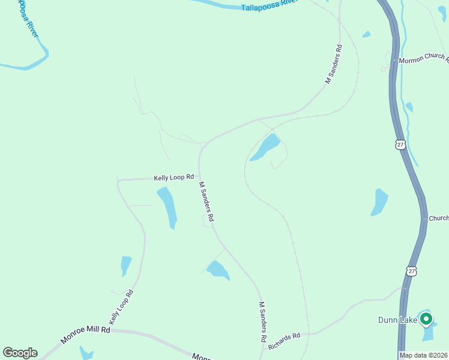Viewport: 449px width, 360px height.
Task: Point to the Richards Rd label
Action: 284,341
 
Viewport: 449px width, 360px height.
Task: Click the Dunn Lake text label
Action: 397,320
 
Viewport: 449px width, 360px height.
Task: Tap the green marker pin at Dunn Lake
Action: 426,319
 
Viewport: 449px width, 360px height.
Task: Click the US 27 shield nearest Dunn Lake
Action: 411,271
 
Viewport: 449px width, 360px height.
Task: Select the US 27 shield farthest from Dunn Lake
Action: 400,144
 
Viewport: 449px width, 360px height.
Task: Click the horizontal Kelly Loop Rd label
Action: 173,178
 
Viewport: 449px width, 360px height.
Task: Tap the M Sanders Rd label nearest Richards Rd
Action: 262,322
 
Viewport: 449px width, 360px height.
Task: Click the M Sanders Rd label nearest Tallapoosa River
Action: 333,64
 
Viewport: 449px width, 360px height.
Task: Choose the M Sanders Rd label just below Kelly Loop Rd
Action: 206,202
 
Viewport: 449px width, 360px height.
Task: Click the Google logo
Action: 20,353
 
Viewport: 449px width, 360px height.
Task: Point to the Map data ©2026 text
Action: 423,355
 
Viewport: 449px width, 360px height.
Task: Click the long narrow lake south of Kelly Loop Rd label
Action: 167,207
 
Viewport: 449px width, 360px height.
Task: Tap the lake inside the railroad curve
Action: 265,147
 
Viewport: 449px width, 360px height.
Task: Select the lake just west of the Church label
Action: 379,202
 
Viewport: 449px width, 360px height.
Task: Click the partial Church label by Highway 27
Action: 438,219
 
